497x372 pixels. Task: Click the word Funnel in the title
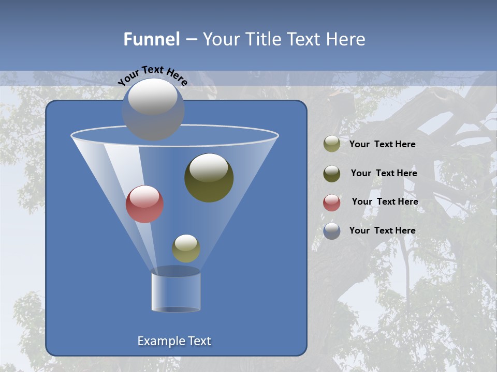tap(152, 39)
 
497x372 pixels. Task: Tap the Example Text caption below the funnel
tap(174, 341)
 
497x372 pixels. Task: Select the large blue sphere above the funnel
tap(153, 110)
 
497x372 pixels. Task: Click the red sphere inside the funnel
tap(144, 205)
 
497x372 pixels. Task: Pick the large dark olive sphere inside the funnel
tap(209, 178)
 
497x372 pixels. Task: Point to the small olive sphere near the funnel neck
tap(186, 249)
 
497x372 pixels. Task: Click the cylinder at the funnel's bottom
tap(176, 292)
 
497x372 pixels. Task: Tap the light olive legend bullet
tap(332, 144)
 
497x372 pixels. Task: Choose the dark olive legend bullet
tap(332, 174)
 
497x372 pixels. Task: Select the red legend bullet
tap(332, 203)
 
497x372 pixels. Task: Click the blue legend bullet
tap(332, 231)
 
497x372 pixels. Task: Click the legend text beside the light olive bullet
tap(383, 144)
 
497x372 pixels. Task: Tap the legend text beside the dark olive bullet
tap(384, 173)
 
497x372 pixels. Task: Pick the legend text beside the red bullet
tap(385, 202)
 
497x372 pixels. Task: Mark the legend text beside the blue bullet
tap(383, 230)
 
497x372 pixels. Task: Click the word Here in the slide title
tap(343, 39)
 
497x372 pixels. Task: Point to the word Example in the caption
tap(159, 341)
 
